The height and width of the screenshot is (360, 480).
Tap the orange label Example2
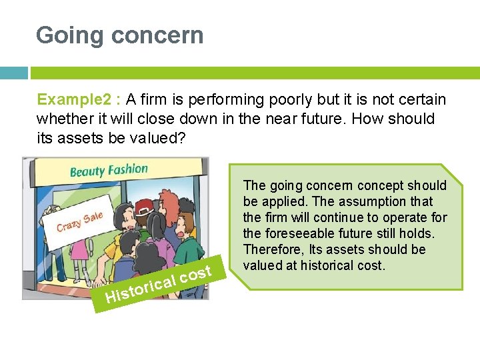[x=74, y=100]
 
